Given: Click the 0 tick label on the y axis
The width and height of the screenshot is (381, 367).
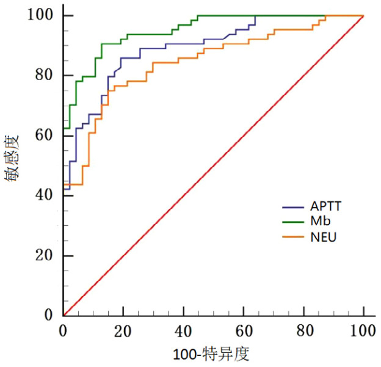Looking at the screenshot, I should coord(49,315).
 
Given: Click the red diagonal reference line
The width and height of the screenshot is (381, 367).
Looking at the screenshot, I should coord(213,165).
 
